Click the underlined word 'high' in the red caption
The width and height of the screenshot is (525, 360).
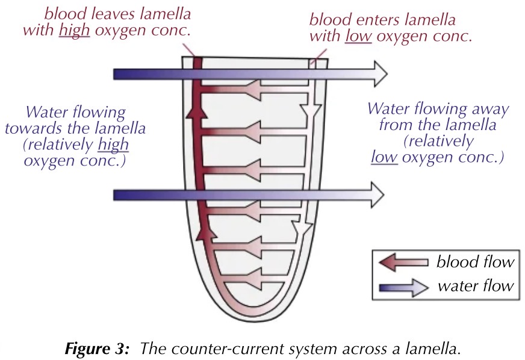tap(74, 30)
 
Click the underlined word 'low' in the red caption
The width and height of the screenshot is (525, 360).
tap(356, 36)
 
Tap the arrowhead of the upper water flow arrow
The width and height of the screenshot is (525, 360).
tap(378, 73)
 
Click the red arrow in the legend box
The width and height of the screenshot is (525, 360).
tap(403, 262)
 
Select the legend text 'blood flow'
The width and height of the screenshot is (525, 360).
tap(474, 262)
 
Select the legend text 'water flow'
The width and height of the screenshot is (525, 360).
tap(476, 287)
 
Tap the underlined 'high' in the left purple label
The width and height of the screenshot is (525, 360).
tap(114, 145)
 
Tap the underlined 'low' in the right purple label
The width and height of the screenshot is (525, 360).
tap(383, 158)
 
